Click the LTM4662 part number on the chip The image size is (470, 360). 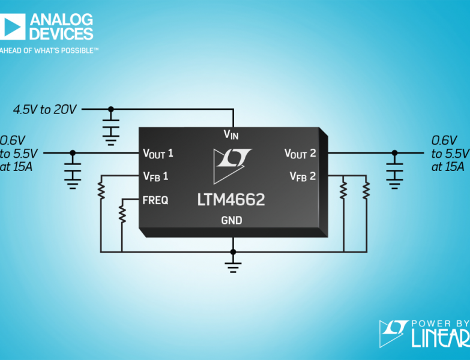(231, 200)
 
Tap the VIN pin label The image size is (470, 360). (231, 135)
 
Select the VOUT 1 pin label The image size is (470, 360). (158, 154)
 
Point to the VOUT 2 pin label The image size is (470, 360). (300, 154)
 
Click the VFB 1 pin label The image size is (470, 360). (155, 176)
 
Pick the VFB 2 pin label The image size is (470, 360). (303, 176)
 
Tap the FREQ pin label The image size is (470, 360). (155, 200)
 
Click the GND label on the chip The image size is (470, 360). (232, 220)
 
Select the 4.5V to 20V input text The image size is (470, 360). (45, 110)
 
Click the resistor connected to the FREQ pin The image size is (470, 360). (122, 214)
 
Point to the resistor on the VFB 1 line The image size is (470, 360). (101, 191)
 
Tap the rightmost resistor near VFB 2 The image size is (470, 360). (366, 190)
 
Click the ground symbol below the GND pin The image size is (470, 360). (233, 268)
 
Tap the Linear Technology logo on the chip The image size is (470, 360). (232, 166)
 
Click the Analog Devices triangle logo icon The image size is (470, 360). (12, 26)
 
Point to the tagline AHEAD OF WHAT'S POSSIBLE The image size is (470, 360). (49, 50)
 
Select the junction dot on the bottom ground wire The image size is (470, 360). (233, 252)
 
